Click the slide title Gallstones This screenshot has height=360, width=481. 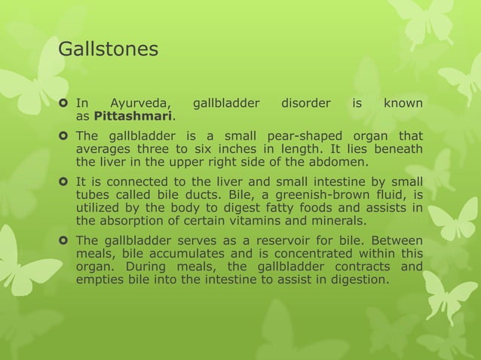[108, 50]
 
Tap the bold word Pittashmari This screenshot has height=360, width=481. [133, 117]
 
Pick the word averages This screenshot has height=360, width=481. [103, 149]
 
